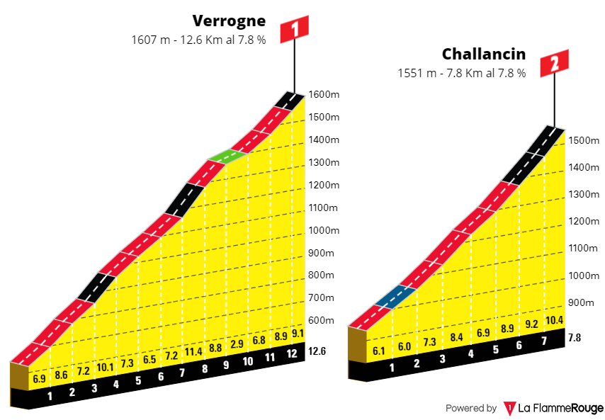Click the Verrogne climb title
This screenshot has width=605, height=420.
coord(227,20)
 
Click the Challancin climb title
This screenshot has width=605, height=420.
coord(484,54)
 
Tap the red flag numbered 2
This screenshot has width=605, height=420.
coord(554,64)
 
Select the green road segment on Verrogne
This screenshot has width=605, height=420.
coord(226,157)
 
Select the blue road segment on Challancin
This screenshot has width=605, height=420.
coord(395,296)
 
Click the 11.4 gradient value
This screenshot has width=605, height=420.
coord(193,351)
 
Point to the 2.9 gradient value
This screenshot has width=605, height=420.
coord(237,345)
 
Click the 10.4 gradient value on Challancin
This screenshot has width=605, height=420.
coord(555,321)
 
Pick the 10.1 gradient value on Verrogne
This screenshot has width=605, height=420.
coord(105,367)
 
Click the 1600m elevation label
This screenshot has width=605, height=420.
coord(324,95)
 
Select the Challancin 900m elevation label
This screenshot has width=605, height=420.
coord(581,302)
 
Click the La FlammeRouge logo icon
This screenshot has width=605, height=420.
coord(509,409)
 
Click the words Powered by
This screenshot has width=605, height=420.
coord(470,409)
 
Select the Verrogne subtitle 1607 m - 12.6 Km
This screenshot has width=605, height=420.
coord(198,40)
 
